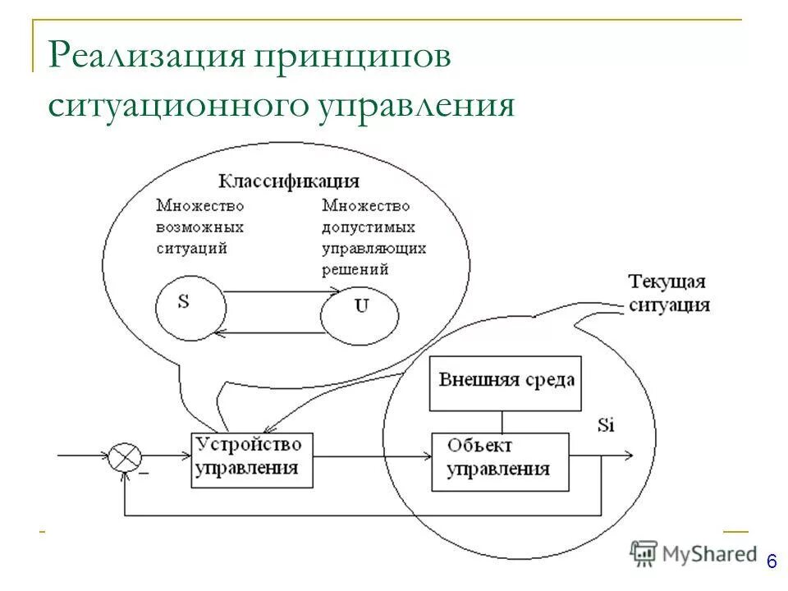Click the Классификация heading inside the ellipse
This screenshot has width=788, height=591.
(x=288, y=181)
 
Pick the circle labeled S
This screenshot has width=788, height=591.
(x=190, y=307)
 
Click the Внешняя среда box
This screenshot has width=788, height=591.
(x=506, y=382)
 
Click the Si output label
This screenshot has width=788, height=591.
(x=606, y=425)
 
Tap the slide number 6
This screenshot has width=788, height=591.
(x=771, y=561)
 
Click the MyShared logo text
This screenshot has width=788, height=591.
(x=711, y=554)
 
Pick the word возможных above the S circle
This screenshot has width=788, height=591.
(x=200, y=226)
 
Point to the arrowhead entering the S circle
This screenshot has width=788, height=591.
(x=218, y=332)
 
